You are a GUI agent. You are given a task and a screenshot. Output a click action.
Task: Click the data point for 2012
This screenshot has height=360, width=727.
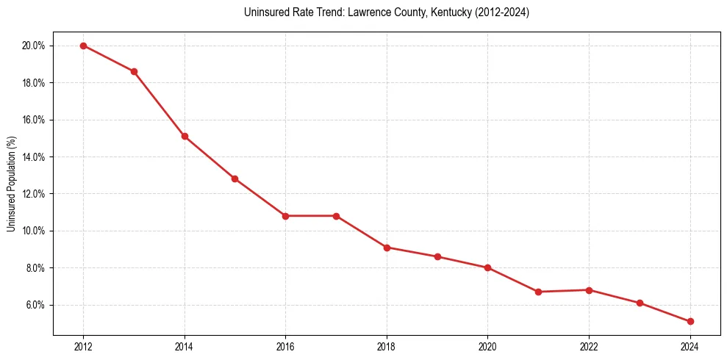[x=83, y=46]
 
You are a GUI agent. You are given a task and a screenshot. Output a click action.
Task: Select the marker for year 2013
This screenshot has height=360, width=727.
[x=134, y=71]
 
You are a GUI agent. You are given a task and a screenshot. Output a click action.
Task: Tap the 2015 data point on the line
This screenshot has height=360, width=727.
[x=234, y=179]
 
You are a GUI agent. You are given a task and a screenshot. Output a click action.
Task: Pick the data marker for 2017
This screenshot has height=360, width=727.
[x=336, y=216]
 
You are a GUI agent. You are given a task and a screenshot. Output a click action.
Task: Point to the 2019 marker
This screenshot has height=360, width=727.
[x=437, y=256]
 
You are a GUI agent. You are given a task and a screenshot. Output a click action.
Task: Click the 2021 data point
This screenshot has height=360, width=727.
[x=538, y=292]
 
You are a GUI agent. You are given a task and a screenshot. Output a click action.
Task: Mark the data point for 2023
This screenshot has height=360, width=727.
[x=640, y=303]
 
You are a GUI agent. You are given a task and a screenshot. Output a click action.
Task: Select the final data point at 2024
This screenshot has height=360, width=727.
[x=690, y=321]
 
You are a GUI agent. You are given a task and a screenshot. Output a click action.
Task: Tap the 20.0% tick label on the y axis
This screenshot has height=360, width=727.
[x=34, y=46]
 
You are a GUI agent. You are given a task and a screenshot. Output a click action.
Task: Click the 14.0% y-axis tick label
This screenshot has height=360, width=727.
[x=34, y=156]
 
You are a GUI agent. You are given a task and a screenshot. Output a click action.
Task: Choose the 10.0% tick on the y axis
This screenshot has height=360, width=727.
[x=34, y=231]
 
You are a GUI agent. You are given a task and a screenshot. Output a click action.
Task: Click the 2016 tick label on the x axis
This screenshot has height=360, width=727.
[x=285, y=347]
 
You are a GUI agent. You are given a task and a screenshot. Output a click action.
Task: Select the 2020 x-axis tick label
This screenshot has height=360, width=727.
[x=487, y=347]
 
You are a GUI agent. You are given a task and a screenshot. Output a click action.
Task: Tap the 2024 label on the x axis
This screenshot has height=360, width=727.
[x=690, y=347]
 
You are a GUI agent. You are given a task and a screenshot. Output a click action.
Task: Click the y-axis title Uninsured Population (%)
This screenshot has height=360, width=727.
[x=11, y=184]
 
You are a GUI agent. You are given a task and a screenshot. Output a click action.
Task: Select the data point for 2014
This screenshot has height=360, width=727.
[x=185, y=136]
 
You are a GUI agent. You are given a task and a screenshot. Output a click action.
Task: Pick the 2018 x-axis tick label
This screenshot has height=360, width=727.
[x=387, y=347]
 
